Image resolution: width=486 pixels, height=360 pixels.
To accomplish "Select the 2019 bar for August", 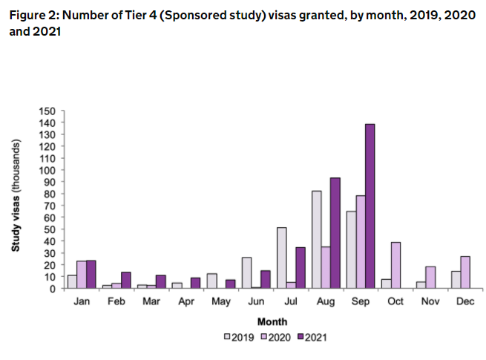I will [x=316, y=240].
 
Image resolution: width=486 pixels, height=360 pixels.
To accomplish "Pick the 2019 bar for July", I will [x=281, y=258].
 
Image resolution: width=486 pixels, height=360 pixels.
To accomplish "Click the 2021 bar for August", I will [x=335, y=233].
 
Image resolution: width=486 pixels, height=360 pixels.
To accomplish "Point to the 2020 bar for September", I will [x=361, y=242].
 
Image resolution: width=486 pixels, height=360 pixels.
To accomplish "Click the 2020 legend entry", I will [x=276, y=336].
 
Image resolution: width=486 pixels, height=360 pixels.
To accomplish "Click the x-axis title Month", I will [x=272, y=321].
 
